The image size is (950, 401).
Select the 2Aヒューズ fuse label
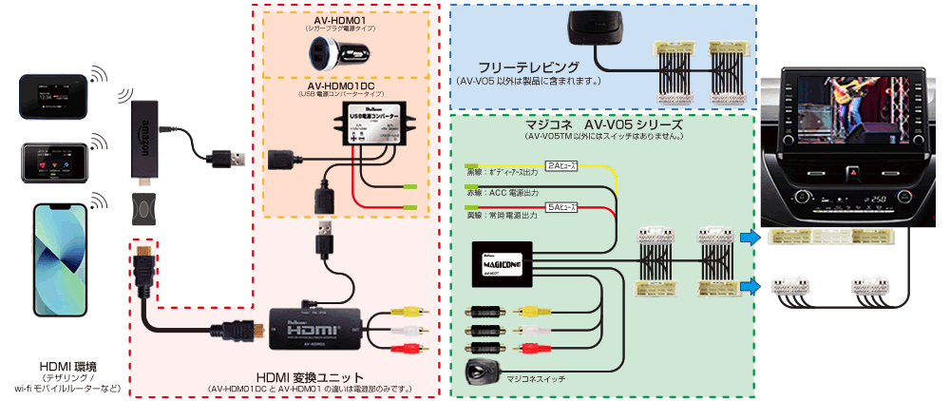pyautogui.click(x=560, y=162)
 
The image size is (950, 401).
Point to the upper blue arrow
pyautogui.click(x=750, y=237)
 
